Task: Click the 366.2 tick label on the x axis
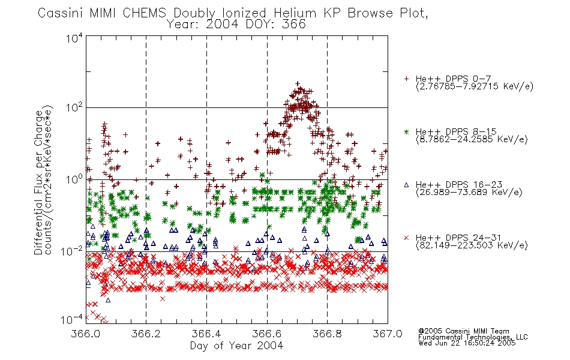click(146, 334)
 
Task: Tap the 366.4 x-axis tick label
click(206, 334)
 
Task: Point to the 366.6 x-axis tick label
click(267, 334)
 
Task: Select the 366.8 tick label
click(327, 334)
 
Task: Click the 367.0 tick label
click(388, 334)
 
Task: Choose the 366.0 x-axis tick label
click(85, 334)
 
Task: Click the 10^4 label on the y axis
click(74, 38)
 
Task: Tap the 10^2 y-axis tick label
click(74, 107)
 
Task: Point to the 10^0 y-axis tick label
click(74, 179)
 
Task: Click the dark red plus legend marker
click(406, 79)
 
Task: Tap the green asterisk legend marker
click(406, 132)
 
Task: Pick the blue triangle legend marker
click(406, 185)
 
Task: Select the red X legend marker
click(406, 238)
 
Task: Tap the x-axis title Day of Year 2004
click(236, 346)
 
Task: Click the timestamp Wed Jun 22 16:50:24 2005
click(467, 343)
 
